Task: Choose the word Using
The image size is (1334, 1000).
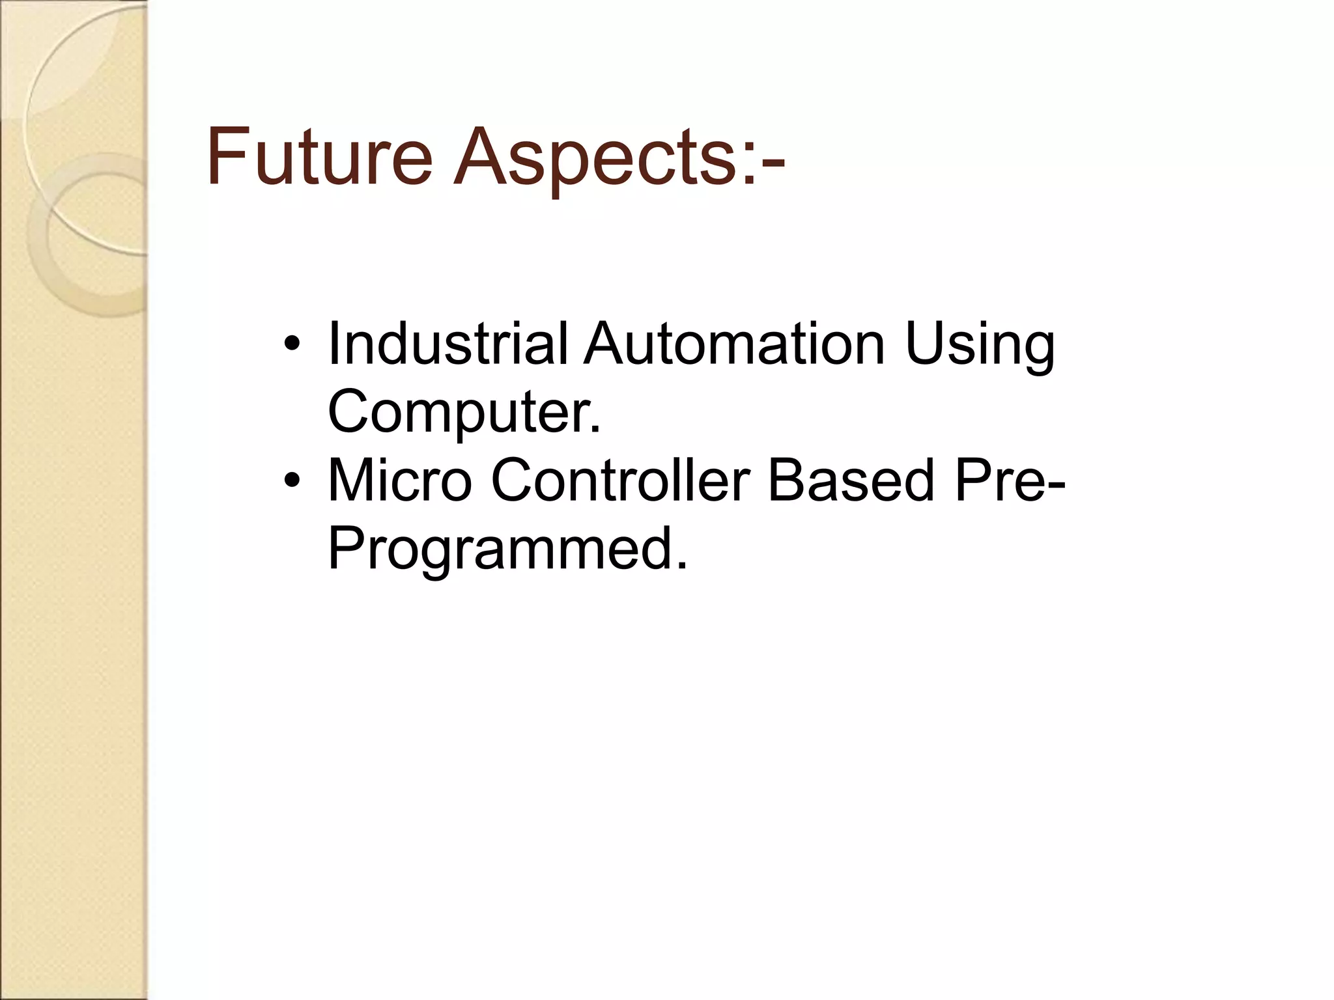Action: coord(980,348)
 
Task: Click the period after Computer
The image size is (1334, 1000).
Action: coord(594,430)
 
